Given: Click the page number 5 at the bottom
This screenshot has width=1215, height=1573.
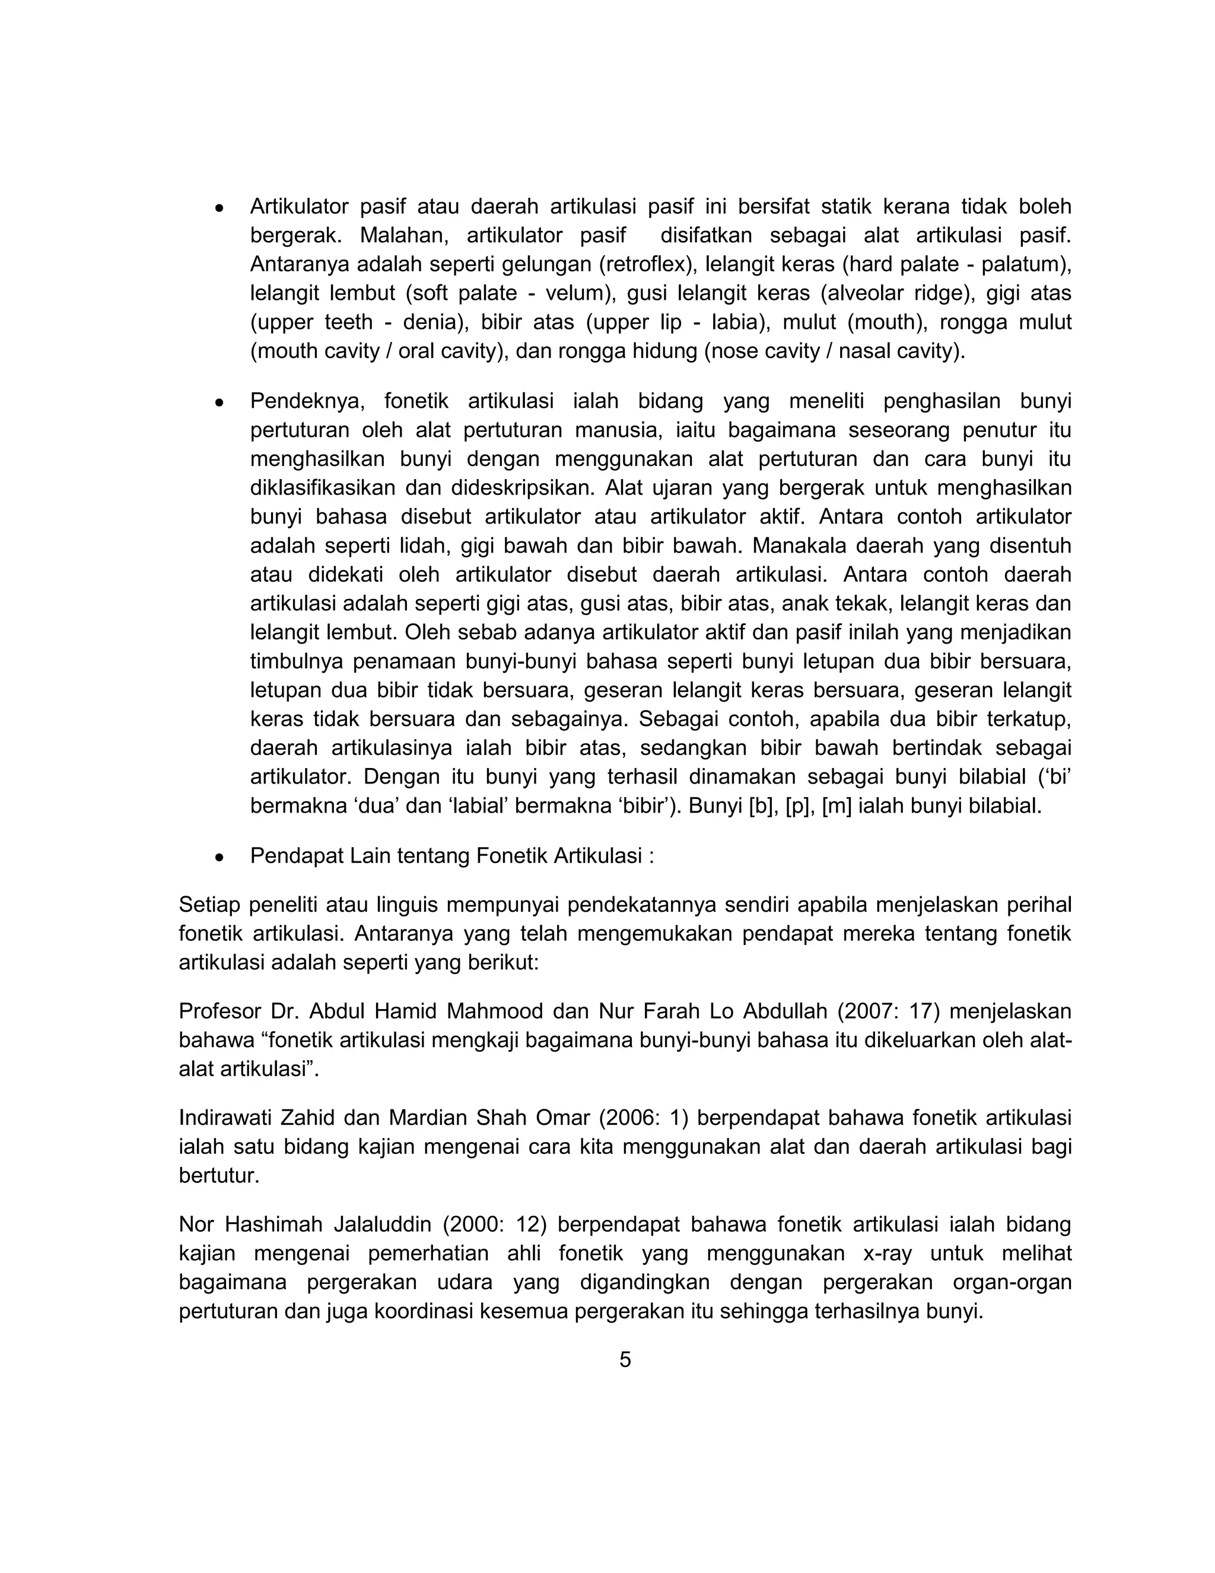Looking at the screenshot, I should coord(625,1360).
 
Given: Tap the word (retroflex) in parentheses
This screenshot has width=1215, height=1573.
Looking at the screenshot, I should coord(645,264).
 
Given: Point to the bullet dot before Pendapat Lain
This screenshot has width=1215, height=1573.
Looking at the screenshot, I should coord(220,858).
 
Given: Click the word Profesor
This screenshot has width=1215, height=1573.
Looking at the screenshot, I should coord(220,1011).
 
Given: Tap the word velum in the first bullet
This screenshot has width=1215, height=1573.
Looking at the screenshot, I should coord(574,293).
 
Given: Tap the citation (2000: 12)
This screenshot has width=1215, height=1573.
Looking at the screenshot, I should coord(495,1225).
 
